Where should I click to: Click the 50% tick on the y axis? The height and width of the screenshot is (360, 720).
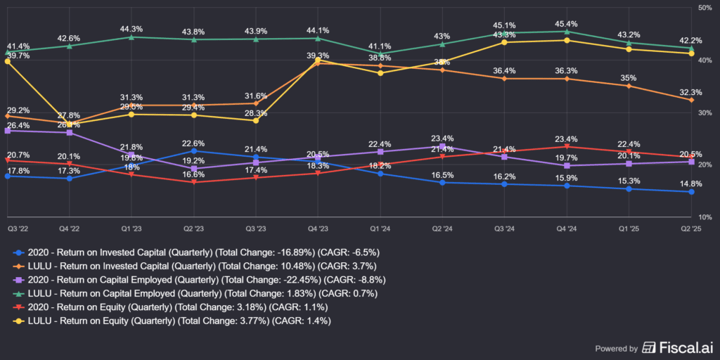704,8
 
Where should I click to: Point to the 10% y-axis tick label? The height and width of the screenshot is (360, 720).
704,217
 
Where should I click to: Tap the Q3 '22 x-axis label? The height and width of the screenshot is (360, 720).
18,229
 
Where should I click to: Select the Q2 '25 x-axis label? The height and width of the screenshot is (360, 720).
691,229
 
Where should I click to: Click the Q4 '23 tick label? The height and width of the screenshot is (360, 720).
318,229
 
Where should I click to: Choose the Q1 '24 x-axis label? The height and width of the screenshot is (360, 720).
380,229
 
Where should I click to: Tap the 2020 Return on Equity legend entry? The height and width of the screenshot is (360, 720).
176,307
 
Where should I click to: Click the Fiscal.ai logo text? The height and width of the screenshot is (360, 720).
674,347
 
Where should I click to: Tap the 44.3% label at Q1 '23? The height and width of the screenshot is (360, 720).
131,29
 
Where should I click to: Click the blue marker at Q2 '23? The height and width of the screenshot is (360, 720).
193,151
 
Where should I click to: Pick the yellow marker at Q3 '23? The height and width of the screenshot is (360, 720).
255,120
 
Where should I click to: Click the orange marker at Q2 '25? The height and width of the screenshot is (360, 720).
691,100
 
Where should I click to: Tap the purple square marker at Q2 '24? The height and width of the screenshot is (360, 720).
442,146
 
